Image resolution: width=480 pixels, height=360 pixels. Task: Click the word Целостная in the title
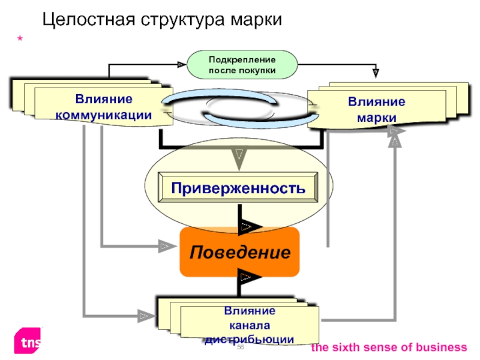coord(89,20)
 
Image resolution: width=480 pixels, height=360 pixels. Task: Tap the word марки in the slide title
coord(256,20)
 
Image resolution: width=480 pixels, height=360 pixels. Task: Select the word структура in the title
coord(183,20)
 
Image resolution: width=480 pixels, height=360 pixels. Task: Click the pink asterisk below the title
coord(20,39)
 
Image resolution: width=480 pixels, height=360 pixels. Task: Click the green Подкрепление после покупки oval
coord(242,65)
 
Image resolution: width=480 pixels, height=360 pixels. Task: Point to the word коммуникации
coord(103,115)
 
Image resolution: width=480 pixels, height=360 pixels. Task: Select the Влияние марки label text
coord(377,110)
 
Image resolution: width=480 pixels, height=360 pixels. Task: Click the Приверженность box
coord(238,187)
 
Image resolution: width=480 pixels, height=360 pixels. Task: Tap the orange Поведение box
coord(239,252)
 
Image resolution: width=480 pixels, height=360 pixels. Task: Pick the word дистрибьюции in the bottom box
coord(249,339)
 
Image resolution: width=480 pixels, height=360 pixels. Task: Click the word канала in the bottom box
coord(250,325)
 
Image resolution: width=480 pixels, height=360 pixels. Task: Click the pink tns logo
coord(27,341)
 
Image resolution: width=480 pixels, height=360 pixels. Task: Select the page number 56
coord(241,347)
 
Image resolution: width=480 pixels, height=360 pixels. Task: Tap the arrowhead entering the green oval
coord(182,65)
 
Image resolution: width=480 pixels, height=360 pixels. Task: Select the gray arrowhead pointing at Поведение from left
coord(167,246)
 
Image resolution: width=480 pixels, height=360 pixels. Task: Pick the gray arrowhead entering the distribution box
coord(146,316)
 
